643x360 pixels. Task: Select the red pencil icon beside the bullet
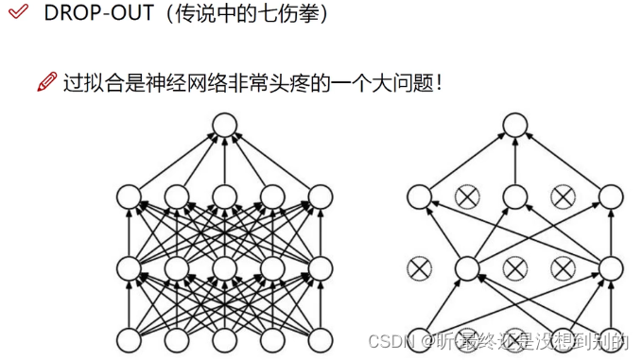tap(46, 83)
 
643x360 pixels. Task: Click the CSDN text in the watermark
tap(390, 338)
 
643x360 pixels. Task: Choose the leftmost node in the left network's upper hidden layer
tap(128, 197)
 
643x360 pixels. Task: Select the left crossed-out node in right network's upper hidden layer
tap(465, 197)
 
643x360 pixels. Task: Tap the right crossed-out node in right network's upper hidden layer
tap(562, 197)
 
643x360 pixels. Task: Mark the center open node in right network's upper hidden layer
tap(513, 197)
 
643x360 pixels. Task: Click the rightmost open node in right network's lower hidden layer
tap(610, 268)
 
